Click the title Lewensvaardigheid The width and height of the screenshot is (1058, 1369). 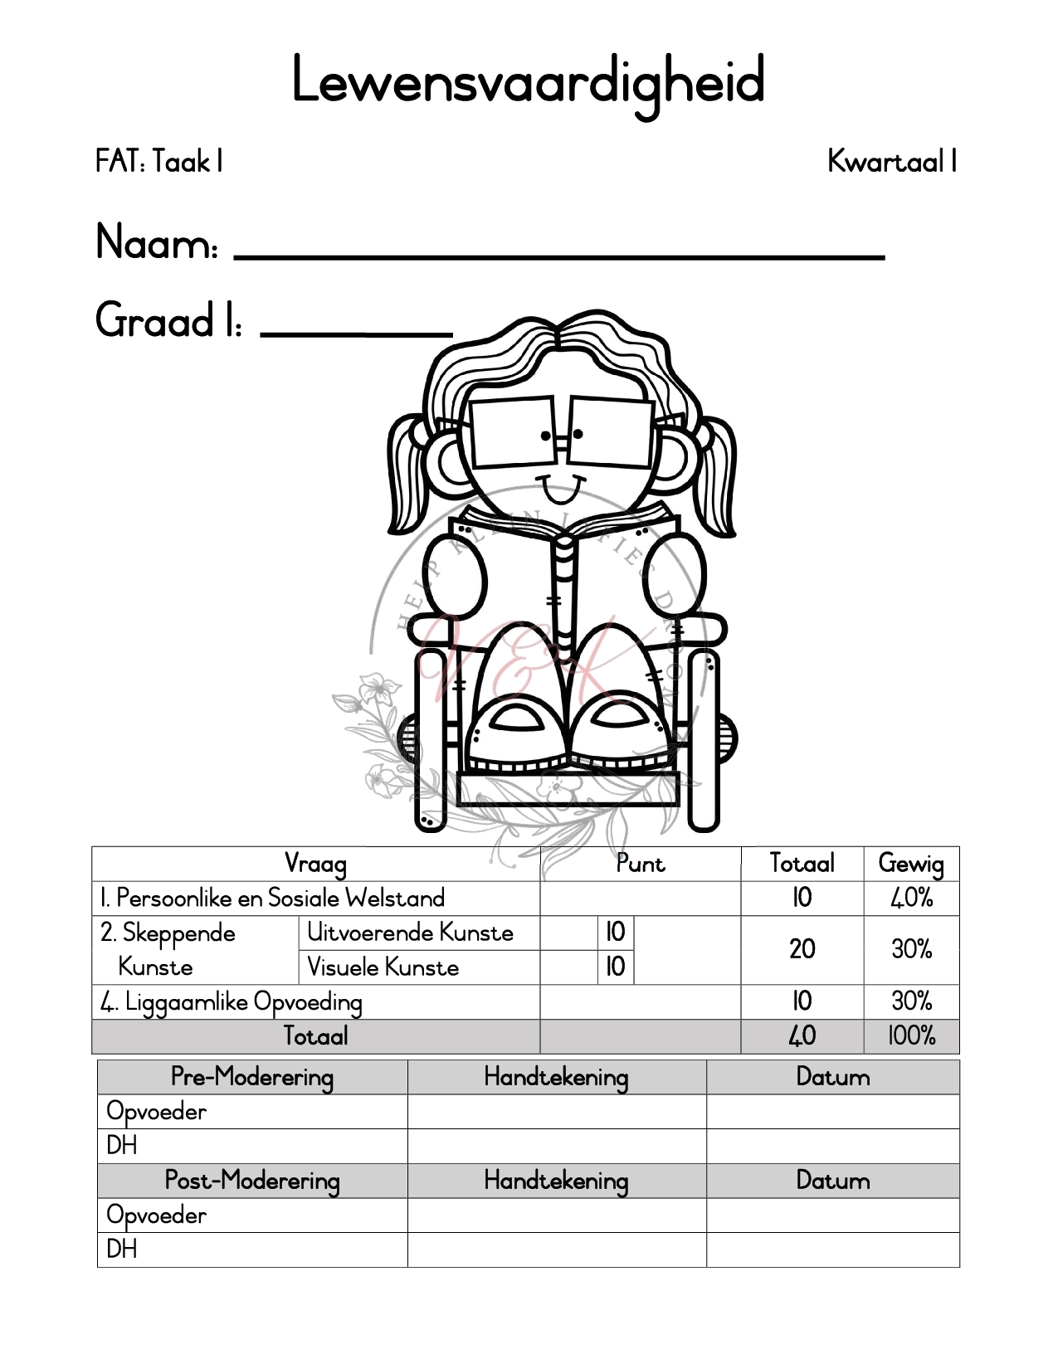(528, 81)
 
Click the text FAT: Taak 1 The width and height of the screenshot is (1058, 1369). (158, 161)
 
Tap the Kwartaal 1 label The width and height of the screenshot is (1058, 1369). (892, 161)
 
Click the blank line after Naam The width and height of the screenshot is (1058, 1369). (559, 256)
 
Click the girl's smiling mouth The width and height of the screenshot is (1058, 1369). (560, 489)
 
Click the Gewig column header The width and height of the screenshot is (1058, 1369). (911, 864)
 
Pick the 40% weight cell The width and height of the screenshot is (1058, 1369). (911, 898)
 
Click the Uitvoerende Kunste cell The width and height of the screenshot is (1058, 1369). (411, 933)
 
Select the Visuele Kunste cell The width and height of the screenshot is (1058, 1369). (383, 967)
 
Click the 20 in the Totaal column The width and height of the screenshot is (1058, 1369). (802, 949)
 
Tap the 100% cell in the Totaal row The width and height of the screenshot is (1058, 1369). (911, 1036)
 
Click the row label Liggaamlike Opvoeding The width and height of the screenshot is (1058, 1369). (232, 1002)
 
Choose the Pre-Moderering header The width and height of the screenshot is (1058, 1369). (252, 1077)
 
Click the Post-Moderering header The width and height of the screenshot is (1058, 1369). (252, 1181)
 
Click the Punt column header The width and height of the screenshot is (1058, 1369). (640, 864)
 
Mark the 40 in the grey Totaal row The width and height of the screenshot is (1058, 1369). (802, 1036)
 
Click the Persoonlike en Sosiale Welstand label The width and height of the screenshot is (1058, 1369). (272, 898)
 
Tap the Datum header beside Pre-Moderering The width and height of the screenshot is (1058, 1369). (832, 1077)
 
